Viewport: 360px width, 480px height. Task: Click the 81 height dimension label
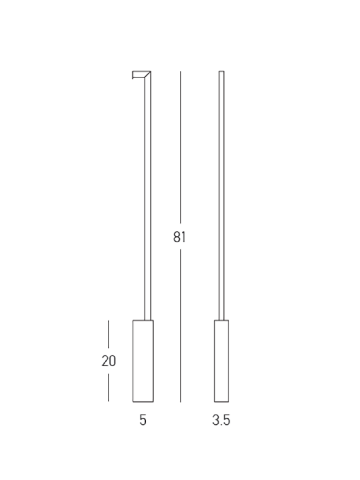click(180, 237)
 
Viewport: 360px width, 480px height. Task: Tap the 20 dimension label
click(109, 361)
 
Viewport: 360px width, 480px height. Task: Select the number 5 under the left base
click(143, 420)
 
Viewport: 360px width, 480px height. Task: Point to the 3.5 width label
click(221, 420)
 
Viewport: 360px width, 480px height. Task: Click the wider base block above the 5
click(143, 361)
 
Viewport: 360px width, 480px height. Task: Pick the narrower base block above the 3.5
click(221, 361)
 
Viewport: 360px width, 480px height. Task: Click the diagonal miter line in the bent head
click(147, 75)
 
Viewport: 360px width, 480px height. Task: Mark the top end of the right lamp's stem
click(221, 71)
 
